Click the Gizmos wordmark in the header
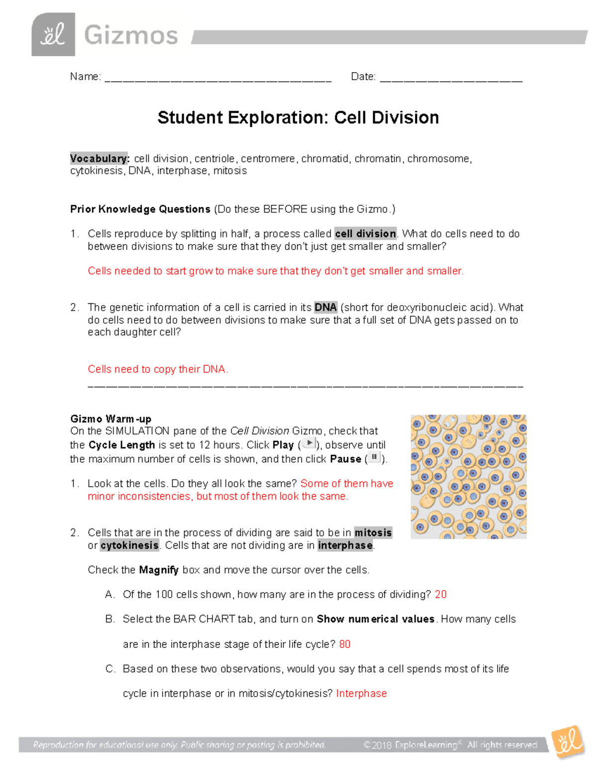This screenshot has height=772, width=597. click(x=131, y=35)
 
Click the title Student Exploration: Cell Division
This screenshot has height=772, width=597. click(x=298, y=118)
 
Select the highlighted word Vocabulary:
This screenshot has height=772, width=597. click(x=99, y=159)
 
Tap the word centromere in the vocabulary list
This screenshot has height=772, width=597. click(x=268, y=159)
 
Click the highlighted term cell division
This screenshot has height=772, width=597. click(x=366, y=234)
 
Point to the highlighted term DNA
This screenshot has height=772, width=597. click(x=325, y=307)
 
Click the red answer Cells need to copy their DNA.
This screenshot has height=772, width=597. click(x=158, y=369)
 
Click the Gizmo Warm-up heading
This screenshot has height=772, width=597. click(x=110, y=419)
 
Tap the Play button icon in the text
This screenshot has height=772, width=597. click(x=309, y=443)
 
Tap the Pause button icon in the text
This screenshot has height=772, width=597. click(x=374, y=457)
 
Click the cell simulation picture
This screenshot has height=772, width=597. click(x=468, y=477)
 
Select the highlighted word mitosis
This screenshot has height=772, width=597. click(x=373, y=532)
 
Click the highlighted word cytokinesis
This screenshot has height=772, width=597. click(x=129, y=545)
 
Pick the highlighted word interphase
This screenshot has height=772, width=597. click(x=345, y=545)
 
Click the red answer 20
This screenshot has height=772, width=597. click(x=440, y=595)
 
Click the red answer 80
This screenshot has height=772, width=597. click(x=345, y=644)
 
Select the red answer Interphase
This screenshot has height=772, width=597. click(x=361, y=693)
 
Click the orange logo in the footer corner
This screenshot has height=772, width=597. click(x=568, y=742)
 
